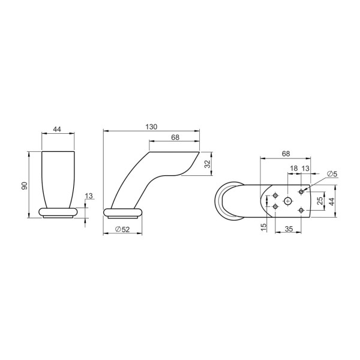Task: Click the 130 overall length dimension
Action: [151, 127]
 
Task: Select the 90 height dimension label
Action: [25, 185]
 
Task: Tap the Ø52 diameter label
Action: [122, 229]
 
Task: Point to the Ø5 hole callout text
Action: [332, 174]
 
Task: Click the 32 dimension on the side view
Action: [208, 164]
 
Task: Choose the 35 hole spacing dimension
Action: [289, 229]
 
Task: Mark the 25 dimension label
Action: [320, 200]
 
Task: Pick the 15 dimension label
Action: [264, 227]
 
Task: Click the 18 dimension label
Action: [293, 168]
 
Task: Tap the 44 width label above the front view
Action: [57, 129]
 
